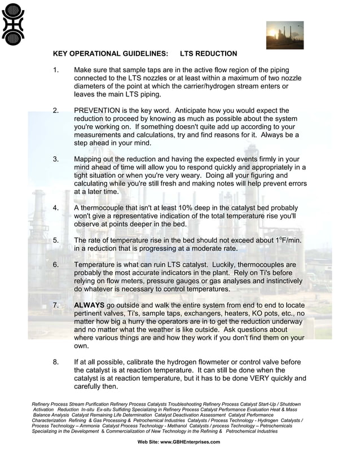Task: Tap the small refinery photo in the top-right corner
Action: point(284,35)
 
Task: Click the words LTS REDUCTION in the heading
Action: point(208,54)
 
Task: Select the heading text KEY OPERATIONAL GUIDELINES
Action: point(110,54)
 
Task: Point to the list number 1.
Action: point(55,70)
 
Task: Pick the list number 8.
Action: point(55,362)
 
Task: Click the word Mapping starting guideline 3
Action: point(90,159)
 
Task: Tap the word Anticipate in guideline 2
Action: point(203,111)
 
